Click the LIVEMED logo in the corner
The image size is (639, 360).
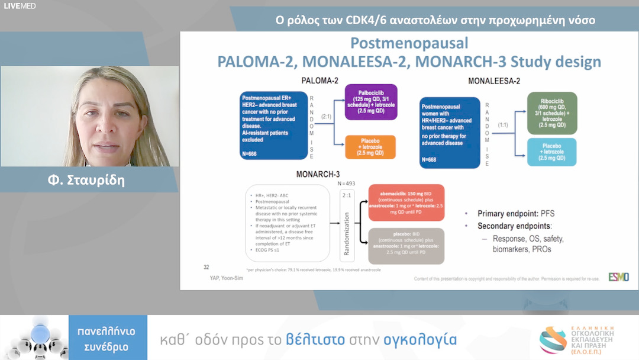pyautogui.click(x=19, y=7)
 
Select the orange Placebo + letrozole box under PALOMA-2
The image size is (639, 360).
pyautogui.click(x=370, y=146)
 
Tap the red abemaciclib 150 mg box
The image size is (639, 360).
pyautogui.click(x=406, y=203)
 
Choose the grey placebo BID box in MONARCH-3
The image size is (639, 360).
pyautogui.click(x=406, y=245)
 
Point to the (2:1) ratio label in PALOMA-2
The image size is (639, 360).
pyautogui.click(x=327, y=118)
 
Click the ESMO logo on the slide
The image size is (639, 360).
pyautogui.click(x=618, y=277)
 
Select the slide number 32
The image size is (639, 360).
pyautogui.click(x=206, y=266)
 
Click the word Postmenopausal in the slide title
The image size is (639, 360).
pyautogui.click(x=409, y=43)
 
